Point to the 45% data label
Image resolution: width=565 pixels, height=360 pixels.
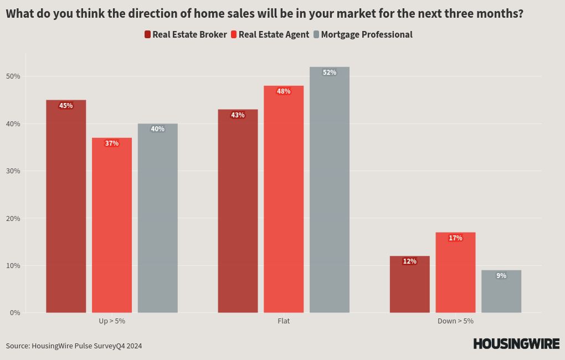tap(66, 106)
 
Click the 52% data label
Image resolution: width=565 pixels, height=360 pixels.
tap(330, 73)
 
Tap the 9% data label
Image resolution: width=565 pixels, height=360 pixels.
tap(501, 276)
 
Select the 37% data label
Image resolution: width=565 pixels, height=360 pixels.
tap(112, 143)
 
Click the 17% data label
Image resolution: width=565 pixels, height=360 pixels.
tap(455, 238)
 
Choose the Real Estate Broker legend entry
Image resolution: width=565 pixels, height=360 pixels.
tap(186, 34)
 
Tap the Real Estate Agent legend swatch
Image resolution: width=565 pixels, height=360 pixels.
tap(234, 34)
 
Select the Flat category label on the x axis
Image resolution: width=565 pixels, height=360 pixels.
tap(284, 321)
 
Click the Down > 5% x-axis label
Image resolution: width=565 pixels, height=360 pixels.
tap(455, 321)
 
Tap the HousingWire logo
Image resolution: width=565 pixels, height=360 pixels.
tap(516, 344)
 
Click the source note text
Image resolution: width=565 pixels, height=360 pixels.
tap(74, 346)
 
